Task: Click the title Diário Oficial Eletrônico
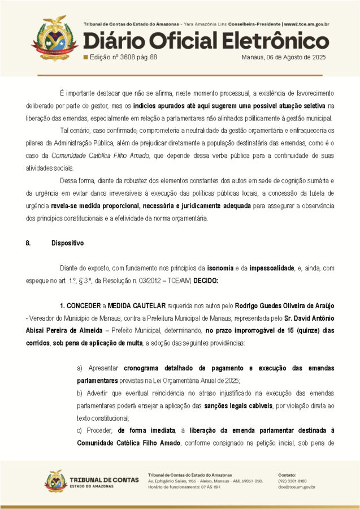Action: (x=206, y=41)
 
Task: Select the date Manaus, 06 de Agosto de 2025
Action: (x=284, y=58)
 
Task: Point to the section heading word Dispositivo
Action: (x=67, y=243)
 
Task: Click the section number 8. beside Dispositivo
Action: (x=28, y=243)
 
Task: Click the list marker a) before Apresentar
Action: (x=80, y=368)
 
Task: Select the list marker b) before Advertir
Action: (x=80, y=392)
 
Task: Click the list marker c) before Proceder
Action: (x=80, y=431)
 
